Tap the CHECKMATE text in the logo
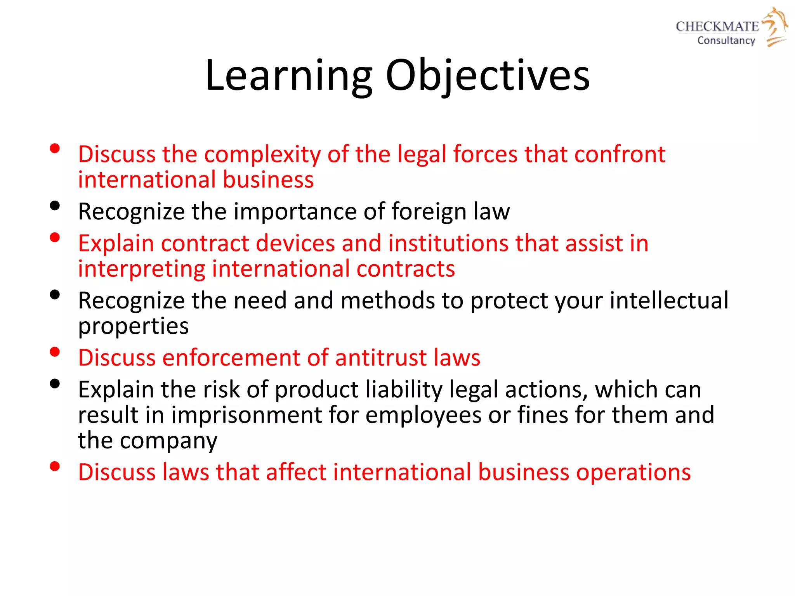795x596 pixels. [717, 26]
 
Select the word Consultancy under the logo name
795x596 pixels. [726, 40]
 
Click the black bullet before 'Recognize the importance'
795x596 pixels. [55, 205]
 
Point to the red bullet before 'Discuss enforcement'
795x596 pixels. [55, 352]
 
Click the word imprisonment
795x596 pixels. [246, 415]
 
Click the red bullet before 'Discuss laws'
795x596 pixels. [55, 466]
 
